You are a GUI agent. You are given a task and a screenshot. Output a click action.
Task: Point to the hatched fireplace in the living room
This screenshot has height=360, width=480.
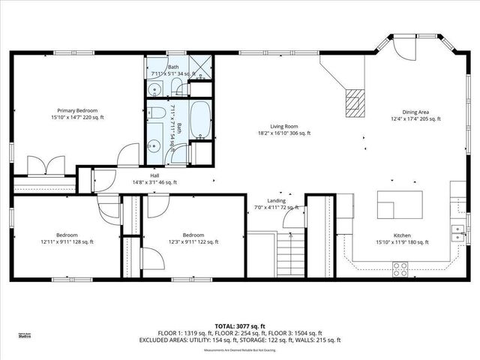pos(353,102)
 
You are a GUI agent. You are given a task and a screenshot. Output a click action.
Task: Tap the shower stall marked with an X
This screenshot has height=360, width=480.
pos(200,67)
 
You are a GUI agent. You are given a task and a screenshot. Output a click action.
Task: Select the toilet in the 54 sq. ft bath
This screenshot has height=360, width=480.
pos(159,113)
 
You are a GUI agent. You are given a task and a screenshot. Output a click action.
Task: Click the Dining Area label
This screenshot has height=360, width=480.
pos(415,110)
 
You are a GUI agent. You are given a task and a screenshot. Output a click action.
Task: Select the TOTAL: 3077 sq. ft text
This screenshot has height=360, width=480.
pos(240,326)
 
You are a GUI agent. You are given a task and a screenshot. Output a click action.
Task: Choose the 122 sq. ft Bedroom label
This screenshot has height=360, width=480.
pos(193,234)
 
